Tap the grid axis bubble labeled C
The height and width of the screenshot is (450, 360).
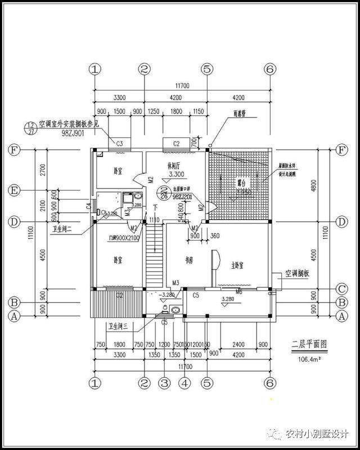340,290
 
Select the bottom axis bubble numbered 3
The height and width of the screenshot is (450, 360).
164,384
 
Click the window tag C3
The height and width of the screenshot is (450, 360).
119,144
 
